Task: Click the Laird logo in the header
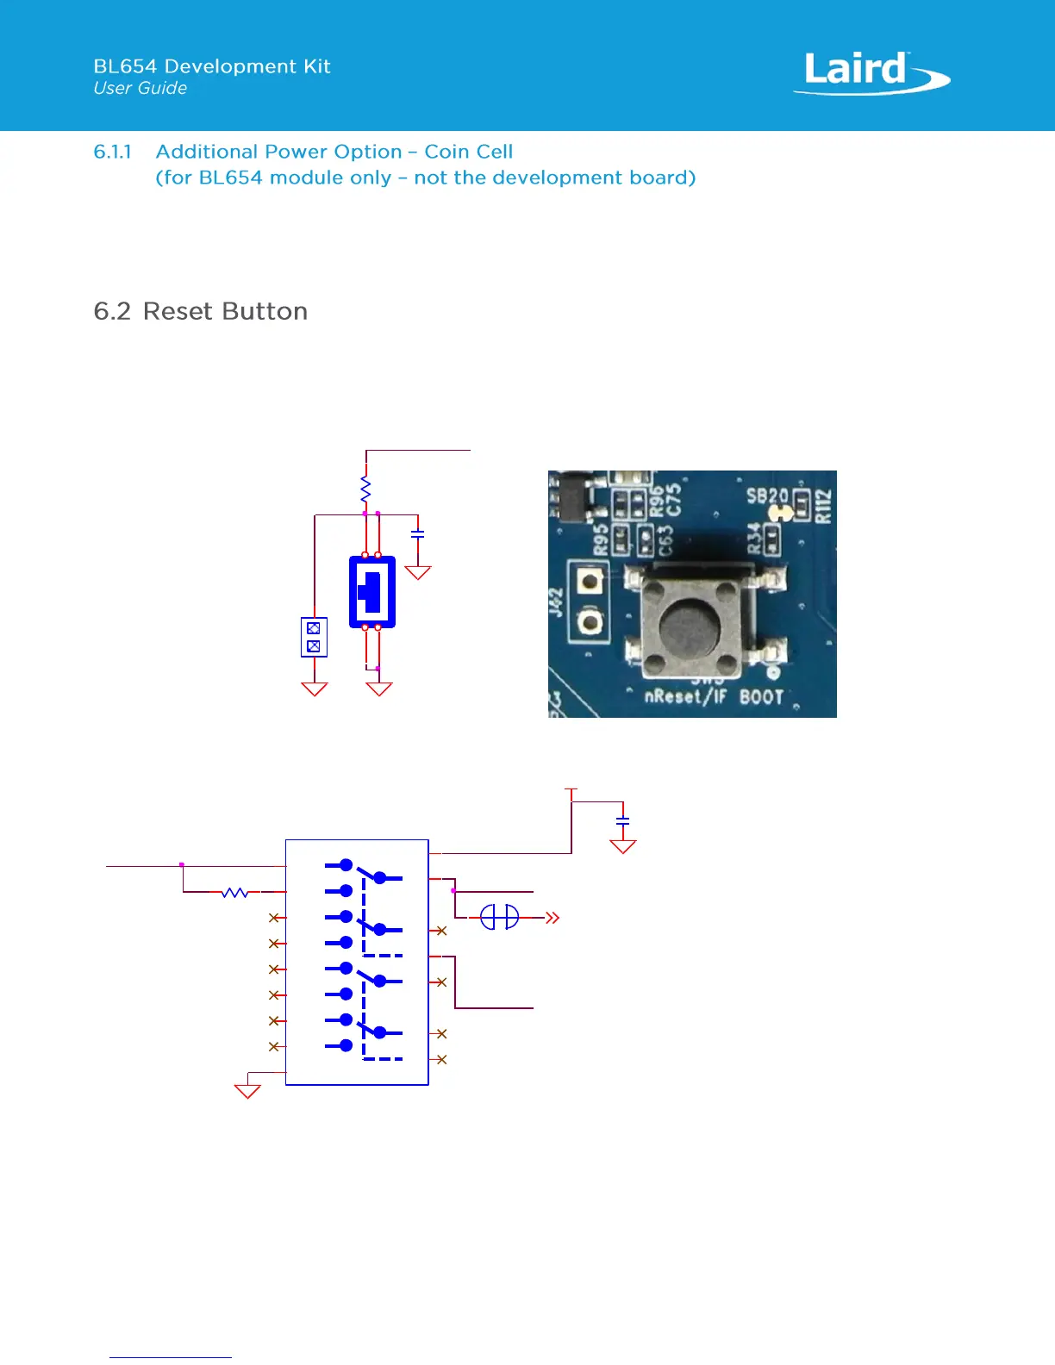coord(871,72)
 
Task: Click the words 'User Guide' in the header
coord(140,88)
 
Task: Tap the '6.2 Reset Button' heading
coord(200,311)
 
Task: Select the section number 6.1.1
coord(112,152)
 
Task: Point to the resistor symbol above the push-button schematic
coord(365,489)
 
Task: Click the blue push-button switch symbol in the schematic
coord(372,591)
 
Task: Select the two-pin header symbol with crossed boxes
coord(314,637)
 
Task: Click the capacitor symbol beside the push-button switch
coord(418,535)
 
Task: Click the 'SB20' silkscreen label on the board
coord(766,496)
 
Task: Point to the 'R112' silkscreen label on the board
coord(824,506)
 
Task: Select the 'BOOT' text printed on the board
coord(761,696)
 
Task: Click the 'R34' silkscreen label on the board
coord(754,538)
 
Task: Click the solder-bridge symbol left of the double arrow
coord(499,917)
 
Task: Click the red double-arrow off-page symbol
coord(552,918)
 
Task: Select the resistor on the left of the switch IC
coord(234,892)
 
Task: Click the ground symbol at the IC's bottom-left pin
coord(247,1091)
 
